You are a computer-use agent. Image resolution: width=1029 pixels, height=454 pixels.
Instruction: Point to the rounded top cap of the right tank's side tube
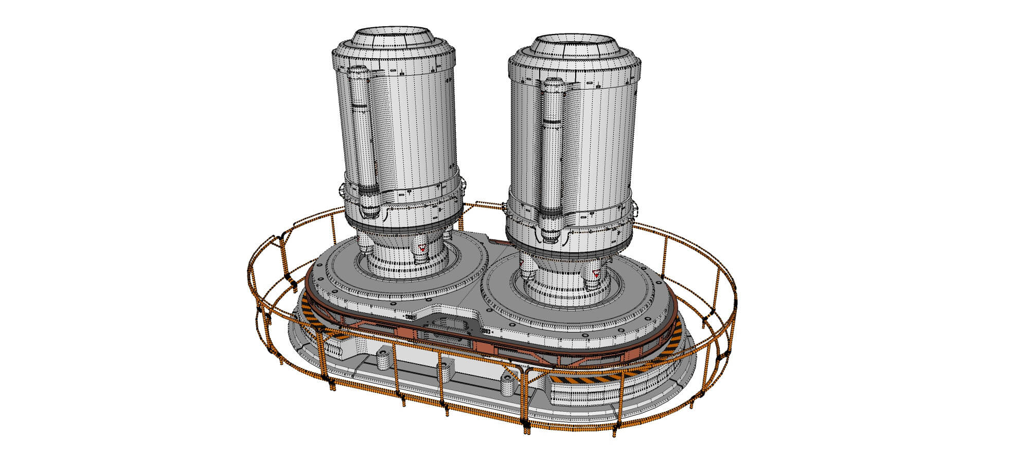point(553,83)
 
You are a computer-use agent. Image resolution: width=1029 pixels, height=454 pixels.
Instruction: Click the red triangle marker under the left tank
point(422,248)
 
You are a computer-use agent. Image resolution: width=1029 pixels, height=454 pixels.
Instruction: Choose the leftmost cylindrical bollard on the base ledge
point(383,360)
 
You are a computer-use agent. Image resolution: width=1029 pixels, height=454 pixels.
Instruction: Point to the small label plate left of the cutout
point(412,318)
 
